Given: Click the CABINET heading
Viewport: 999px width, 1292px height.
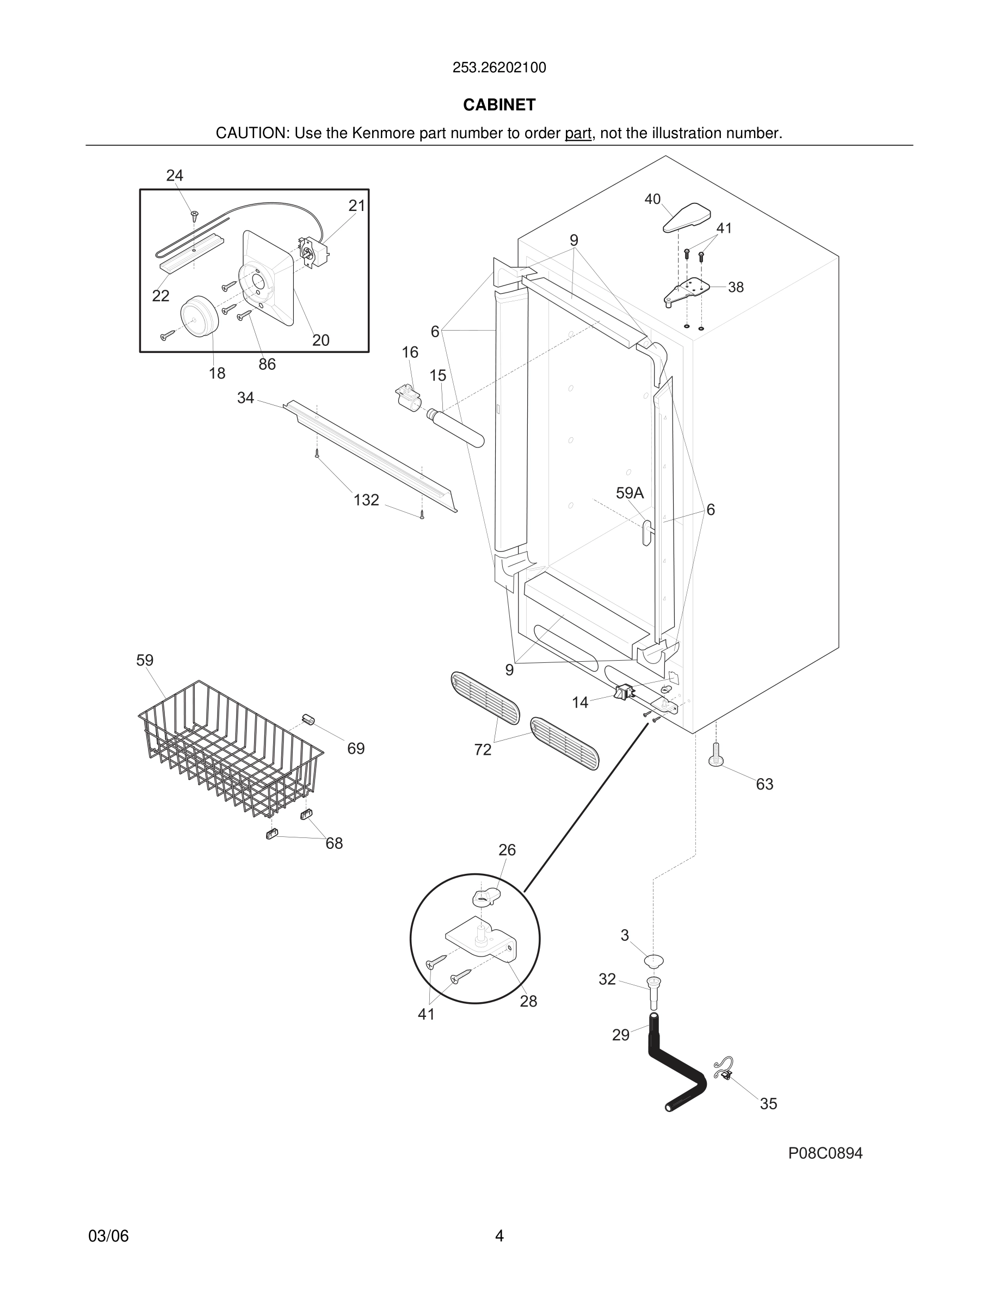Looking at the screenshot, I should pyautogui.click(x=499, y=105).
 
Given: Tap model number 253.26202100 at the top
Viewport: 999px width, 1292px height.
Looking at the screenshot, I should pyautogui.click(x=499, y=68).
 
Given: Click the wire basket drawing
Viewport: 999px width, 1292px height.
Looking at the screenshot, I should pyautogui.click(x=231, y=748).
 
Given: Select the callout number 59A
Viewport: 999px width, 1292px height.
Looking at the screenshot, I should pyautogui.click(x=629, y=493).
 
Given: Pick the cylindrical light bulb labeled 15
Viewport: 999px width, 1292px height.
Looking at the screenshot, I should pyautogui.click(x=456, y=426).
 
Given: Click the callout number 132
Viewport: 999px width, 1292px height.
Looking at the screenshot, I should pyautogui.click(x=366, y=500).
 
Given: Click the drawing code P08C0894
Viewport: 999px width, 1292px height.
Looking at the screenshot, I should pyautogui.click(x=825, y=1153).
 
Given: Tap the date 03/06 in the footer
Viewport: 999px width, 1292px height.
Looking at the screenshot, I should pyautogui.click(x=108, y=1236).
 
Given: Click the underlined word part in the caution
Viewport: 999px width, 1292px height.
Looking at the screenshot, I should pyautogui.click(x=578, y=134).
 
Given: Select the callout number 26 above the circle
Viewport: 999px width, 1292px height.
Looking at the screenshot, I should pyautogui.click(x=507, y=849).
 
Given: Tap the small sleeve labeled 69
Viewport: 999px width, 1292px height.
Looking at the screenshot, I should pyautogui.click(x=308, y=718).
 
